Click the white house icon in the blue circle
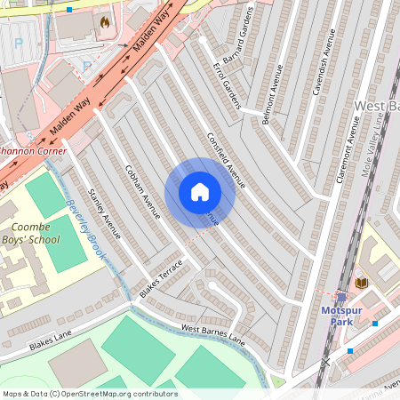(200, 192)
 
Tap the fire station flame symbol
(106, 20)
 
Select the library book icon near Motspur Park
(361, 282)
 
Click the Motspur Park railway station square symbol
(341, 297)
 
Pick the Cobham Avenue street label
(142, 191)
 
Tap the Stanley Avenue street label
(104, 214)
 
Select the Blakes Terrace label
(161, 277)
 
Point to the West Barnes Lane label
(212, 332)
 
